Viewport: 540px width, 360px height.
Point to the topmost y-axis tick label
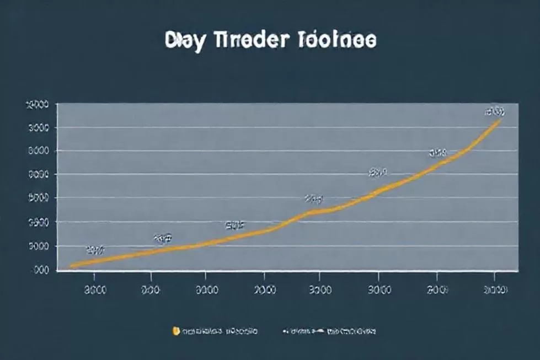[38, 104]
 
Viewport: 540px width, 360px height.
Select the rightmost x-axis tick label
[496, 289]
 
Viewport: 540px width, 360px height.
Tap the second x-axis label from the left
[151, 289]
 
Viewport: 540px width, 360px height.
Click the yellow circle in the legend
[175, 331]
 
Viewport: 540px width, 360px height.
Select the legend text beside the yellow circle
[220, 332]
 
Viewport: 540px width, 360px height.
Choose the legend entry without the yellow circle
[329, 332]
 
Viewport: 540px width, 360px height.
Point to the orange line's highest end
[500, 120]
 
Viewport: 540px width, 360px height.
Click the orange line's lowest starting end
[72, 266]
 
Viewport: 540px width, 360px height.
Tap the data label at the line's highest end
[494, 112]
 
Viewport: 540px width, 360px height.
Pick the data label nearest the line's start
[95, 250]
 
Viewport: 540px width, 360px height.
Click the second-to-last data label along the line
[437, 152]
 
